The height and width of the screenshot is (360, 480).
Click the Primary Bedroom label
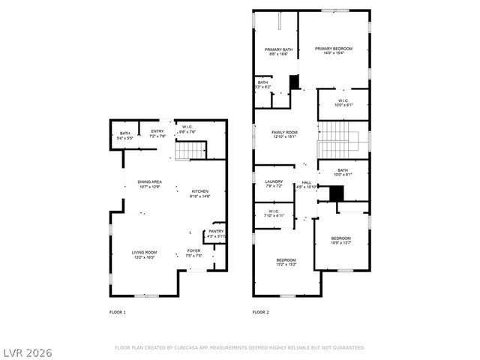tap(334, 48)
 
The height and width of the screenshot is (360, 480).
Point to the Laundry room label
tap(274, 181)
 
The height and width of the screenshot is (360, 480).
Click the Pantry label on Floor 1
tap(216, 231)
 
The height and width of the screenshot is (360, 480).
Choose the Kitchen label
tap(200, 192)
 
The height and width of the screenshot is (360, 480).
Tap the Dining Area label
tap(149, 182)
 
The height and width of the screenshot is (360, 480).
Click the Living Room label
tap(145, 252)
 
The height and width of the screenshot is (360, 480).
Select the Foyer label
tap(193, 251)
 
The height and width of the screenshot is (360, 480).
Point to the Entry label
tap(157, 131)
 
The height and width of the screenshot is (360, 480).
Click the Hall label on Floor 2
tap(307, 182)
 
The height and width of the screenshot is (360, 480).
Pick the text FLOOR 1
tap(118, 312)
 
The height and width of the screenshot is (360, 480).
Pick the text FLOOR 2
tap(260, 312)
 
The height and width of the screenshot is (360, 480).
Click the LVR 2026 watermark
tap(28, 351)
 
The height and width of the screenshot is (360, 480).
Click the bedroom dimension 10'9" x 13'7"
tap(340, 242)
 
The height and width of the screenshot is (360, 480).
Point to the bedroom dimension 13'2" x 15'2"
tap(286, 264)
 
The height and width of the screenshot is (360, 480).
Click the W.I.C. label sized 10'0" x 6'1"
tap(342, 105)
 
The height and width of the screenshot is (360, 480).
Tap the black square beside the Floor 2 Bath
tap(337, 193)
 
